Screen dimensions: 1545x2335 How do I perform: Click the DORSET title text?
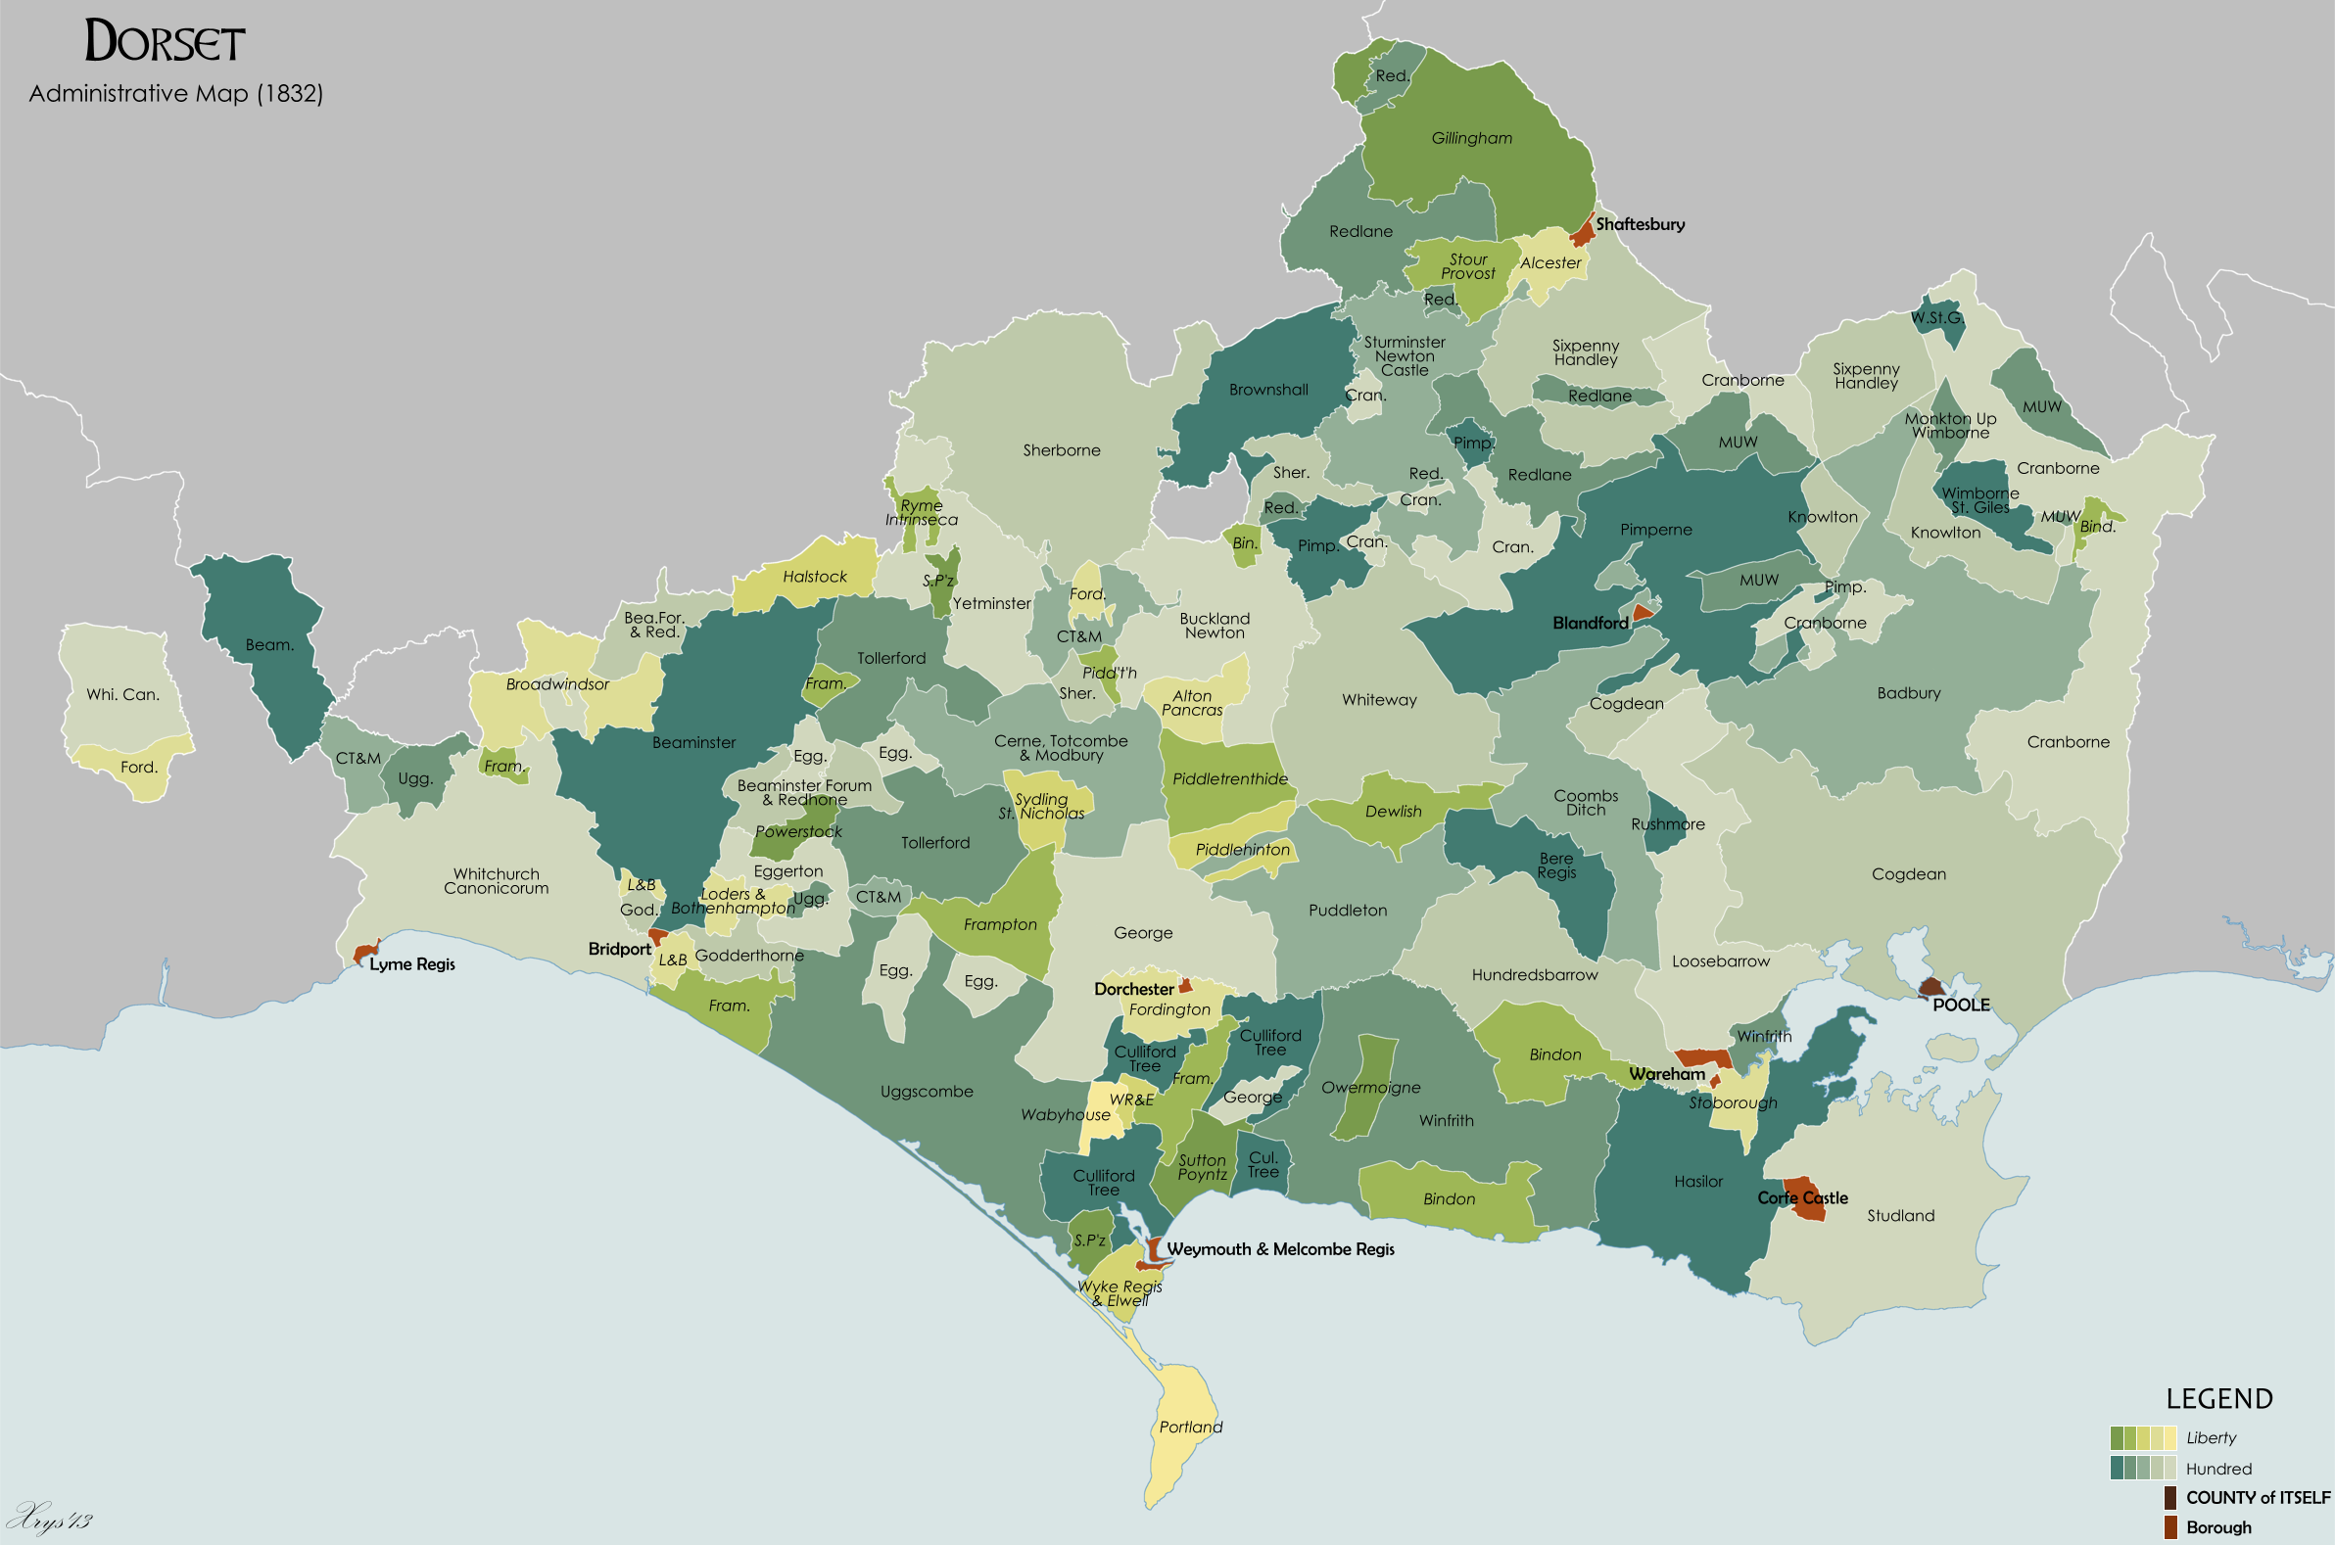coord(165,42)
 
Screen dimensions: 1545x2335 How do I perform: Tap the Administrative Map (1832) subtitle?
coord(175,94)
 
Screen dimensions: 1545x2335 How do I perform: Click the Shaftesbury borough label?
coord(1641,224)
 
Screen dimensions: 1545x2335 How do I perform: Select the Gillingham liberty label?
coord(1471,139)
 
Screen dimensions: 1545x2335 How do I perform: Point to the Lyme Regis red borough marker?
coord(364,953)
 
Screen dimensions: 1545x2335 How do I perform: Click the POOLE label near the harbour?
coord(1961,1006)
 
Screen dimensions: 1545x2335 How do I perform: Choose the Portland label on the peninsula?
coord(1190,1428)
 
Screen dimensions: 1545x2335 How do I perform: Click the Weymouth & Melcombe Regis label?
coord(1280,1249)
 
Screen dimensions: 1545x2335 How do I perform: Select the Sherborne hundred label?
coord(1062,450)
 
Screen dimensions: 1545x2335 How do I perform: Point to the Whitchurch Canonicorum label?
coord(496,881)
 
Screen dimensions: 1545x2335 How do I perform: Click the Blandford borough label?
coord(1590,623)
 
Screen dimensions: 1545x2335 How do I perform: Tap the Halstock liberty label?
coord(814,577)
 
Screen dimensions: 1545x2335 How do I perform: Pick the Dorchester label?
coord(1133,989)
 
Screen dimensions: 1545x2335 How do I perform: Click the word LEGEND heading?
coord(2218,1399)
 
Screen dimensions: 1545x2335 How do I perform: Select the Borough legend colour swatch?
coord(2169,1527)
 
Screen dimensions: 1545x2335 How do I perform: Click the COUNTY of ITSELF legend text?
coord(2257,1498)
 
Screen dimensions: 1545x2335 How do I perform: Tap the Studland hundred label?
coord(1900,1216)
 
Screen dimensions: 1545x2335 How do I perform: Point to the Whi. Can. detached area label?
coord(122,694)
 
